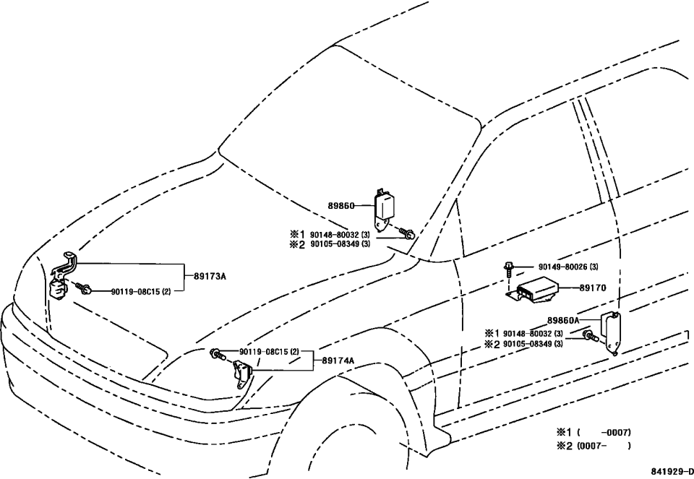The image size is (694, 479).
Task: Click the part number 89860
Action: click(341, 205)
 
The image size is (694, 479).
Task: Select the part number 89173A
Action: click(210, 275)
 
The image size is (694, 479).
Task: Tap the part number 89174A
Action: click(338, 360)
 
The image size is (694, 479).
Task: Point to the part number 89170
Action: click(592, 287)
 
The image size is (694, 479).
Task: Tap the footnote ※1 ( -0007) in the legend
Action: click(593, 432)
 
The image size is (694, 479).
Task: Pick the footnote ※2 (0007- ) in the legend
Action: click(593, 446)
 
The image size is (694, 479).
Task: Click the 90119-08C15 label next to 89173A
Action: click(141, 291)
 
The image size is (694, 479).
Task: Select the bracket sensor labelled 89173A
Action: click(63, 278)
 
